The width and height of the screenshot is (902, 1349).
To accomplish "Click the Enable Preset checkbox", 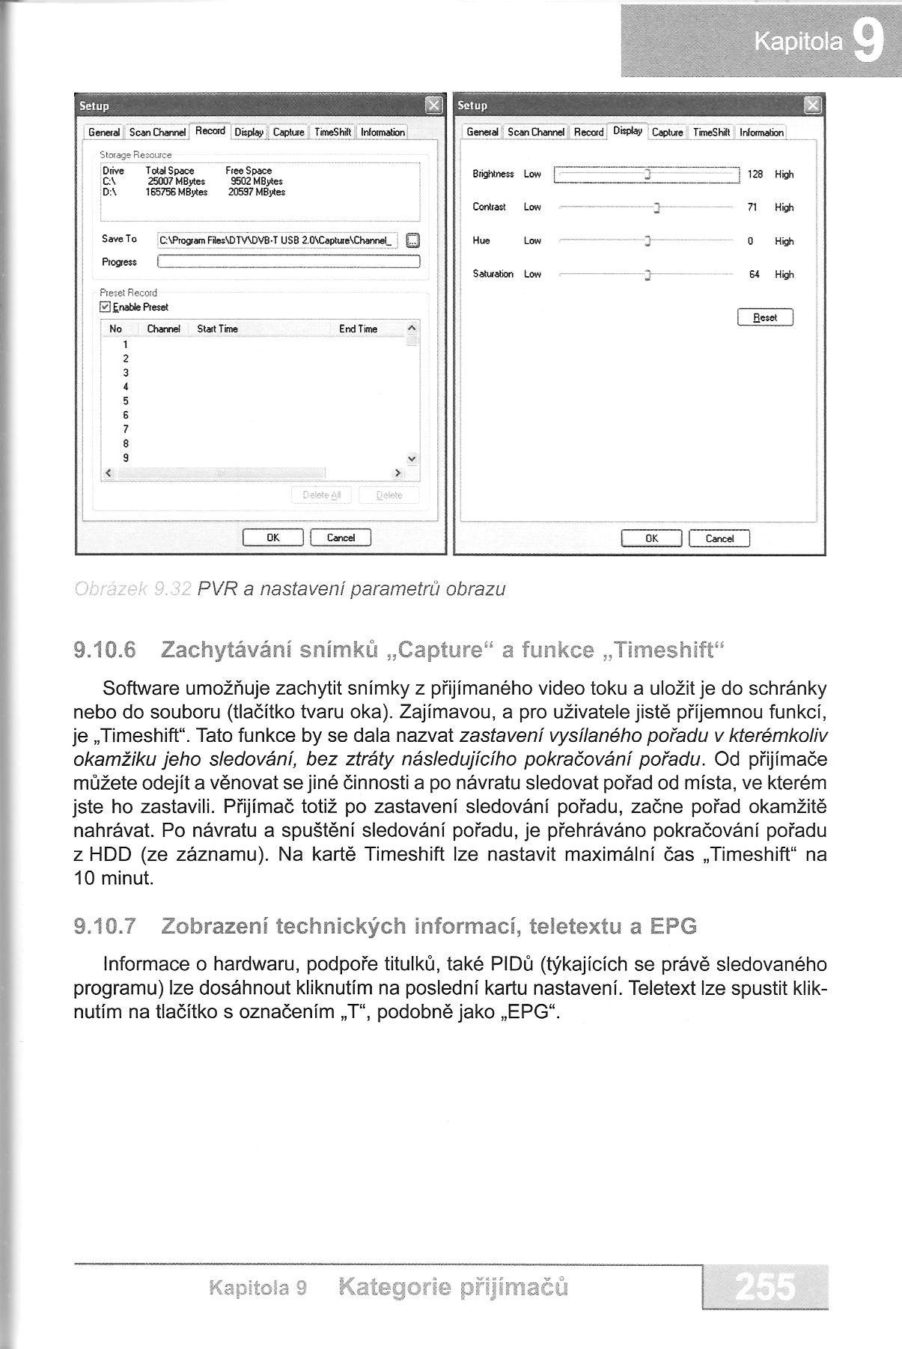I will (x=106, y=307).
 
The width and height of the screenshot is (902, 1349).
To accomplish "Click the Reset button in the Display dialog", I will (x=764, y=317).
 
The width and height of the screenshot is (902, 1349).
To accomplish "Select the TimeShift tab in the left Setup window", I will (x=333, y=133).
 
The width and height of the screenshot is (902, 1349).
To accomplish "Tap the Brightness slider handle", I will (x=647, y=174).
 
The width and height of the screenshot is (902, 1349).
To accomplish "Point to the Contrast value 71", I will (x=752, y=207).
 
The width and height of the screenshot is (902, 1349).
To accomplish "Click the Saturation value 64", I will (x=754, y=275).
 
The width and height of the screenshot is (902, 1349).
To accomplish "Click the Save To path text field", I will (x=278, y=240).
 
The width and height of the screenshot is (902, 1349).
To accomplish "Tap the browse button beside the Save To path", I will (x=412, y=240).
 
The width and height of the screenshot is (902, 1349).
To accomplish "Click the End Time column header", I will (x=358, y=329).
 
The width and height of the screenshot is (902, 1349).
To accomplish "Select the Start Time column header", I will (x=217, y=329).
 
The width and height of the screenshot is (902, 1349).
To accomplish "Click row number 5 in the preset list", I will (x=126, y=401).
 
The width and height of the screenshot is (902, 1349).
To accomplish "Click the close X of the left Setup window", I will (x=433, y=106).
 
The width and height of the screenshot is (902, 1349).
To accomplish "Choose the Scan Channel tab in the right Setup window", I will (x=535, y=133).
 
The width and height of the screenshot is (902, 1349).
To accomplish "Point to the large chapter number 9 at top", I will (x=867, y=43).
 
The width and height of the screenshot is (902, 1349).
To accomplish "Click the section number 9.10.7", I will (x=105, y=927).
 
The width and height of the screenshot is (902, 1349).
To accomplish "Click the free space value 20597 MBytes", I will (x=256, y=192).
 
